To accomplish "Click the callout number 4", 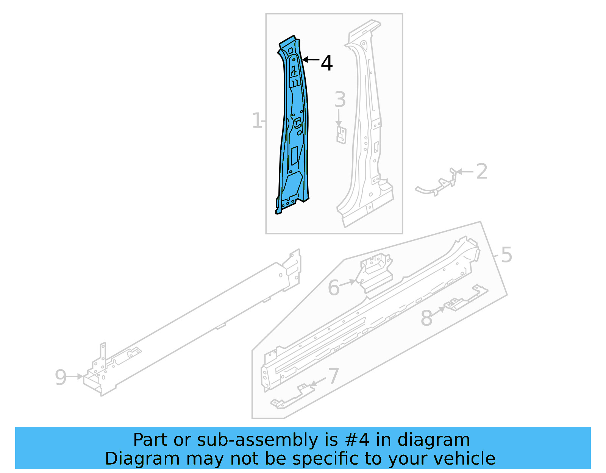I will [326, 63].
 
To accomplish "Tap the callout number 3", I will [340, 100].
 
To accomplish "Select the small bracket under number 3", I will [341, 135].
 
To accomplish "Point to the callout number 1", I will [257, 121].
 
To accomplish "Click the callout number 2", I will [481, 172].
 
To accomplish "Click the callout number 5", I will [506, 254].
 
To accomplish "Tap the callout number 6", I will [334, 287].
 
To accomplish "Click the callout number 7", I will [333, 376].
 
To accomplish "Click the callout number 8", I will [426, 318].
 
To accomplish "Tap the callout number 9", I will [61, 377].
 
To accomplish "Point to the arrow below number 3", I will [339, 118].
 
